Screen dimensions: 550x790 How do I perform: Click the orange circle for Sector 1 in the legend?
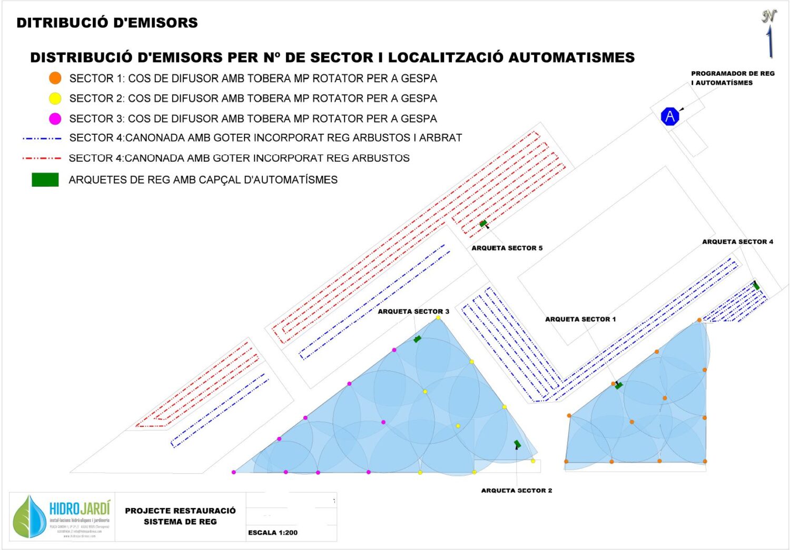[x=55, y=78]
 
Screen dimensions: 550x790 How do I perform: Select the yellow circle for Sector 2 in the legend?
[x=55, y=98]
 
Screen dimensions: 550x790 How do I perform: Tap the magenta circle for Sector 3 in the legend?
[x=55, y=118]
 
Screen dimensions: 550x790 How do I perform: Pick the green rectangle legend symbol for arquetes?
[x=45, y=179]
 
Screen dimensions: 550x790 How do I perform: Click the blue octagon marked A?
[x=670, y=116]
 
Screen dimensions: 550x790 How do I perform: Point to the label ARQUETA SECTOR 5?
[x=507, y=248]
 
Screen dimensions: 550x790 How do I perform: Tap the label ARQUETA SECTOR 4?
[x=737, y=242]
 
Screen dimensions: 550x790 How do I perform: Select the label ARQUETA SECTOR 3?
[x=413, y=312]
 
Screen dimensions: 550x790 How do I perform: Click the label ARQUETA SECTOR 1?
[x=580, y=319]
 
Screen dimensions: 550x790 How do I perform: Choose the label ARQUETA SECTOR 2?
[x=517, y=491]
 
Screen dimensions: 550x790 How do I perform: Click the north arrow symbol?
[x=769, y=34]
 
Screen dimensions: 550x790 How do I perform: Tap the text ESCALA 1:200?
[x=273, y=533]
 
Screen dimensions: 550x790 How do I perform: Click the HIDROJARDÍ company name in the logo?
[x=80, y=508]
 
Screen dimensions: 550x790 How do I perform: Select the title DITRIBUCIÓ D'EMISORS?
[x=107, y=23]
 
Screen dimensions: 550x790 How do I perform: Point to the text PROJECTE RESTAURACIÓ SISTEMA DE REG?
[x=180, y=516]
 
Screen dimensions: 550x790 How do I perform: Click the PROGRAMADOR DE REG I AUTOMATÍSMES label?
[x=733, y=78]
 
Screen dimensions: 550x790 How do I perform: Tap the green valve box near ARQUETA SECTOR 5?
[x=483, y=224]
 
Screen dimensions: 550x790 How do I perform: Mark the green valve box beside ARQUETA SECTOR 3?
[x=417, y=339]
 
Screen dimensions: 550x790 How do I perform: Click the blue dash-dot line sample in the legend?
[x=42, y=138]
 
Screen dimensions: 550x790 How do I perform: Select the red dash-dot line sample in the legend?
[x=42, y=158]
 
